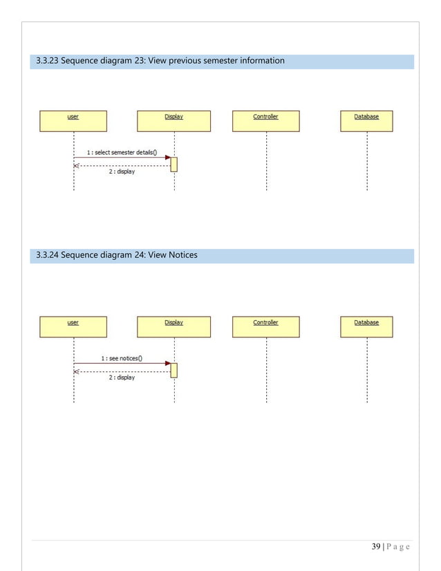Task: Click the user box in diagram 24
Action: [x=73, y=326]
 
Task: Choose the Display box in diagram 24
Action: [x=173, y=326]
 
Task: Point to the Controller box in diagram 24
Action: [x=265, y=326]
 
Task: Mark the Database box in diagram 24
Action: [x=366, y=326]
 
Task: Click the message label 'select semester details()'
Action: [x=121, y=152]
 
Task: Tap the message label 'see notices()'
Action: [x=121, y=358]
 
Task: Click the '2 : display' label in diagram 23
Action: [x=122, y=171]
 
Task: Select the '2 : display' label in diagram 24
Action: [x=122, y=377]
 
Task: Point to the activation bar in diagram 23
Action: [x=174, y=164]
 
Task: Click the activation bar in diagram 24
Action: [x=174, y=370]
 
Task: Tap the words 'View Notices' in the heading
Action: [x=172, y=255]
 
